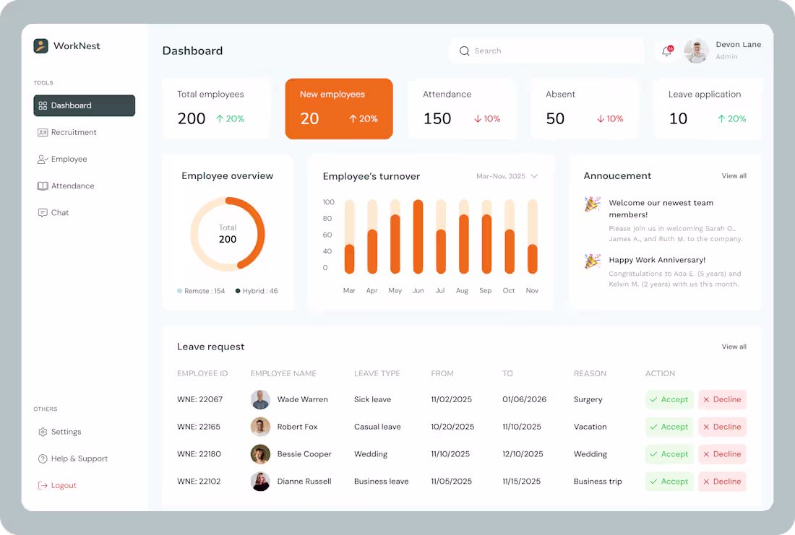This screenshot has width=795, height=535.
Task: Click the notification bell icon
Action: (666, 51)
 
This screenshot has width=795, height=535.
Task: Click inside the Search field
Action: (549, 51)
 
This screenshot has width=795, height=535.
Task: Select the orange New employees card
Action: (339, 108)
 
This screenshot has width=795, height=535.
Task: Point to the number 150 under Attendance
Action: (437, 118)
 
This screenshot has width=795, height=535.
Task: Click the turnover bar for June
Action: (418, 237)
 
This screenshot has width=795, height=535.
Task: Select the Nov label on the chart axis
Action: (532, 290)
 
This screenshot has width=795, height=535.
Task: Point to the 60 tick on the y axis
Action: (327, 235)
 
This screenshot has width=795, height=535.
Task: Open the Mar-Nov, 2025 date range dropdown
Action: (507, 176)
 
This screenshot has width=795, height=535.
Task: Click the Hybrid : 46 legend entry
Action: (257, 291)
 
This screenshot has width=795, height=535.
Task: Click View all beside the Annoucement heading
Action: (734, 176)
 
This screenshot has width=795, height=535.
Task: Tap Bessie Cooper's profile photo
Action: (260, 454)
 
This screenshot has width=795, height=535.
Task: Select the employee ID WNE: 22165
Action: (199, 427)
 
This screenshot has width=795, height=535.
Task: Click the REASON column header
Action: (590, 373)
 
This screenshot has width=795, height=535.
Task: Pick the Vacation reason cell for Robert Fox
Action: (590, 427)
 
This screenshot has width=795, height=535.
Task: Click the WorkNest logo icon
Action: (41, 46)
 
